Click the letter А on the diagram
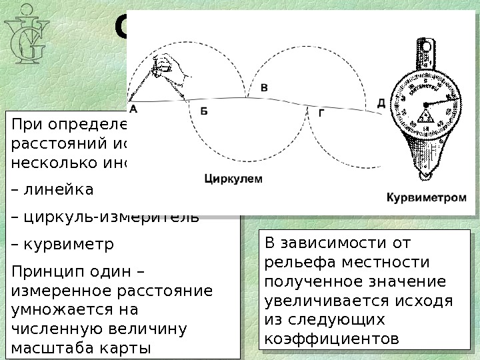(x=133, y=107)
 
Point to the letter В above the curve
(x=264, y=87)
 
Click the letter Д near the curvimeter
(x=381, y=103)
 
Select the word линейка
(x=58, y=190)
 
